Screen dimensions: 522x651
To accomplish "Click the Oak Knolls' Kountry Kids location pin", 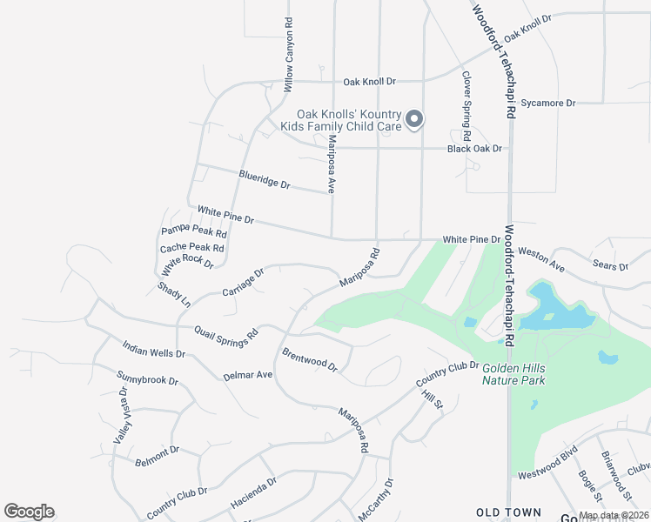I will point(415,120).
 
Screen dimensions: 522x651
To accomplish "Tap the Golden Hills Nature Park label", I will point(526,375).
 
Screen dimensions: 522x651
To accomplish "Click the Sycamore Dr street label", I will point(548,103).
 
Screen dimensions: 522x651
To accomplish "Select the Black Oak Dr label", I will point(474,149).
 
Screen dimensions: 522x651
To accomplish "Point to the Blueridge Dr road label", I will point(264,181).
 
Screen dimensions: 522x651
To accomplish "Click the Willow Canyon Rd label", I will point(288,54).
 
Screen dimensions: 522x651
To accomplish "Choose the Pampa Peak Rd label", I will point(194,232).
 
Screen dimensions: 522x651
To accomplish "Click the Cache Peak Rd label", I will point(191,248).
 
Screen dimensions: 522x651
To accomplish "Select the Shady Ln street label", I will point(173,295).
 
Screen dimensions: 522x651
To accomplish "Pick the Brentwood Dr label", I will point(309,360).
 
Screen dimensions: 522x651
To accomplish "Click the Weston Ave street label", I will point(541,258).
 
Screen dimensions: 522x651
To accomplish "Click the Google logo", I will point(29,512).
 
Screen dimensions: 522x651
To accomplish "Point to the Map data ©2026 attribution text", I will point(613,515).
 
